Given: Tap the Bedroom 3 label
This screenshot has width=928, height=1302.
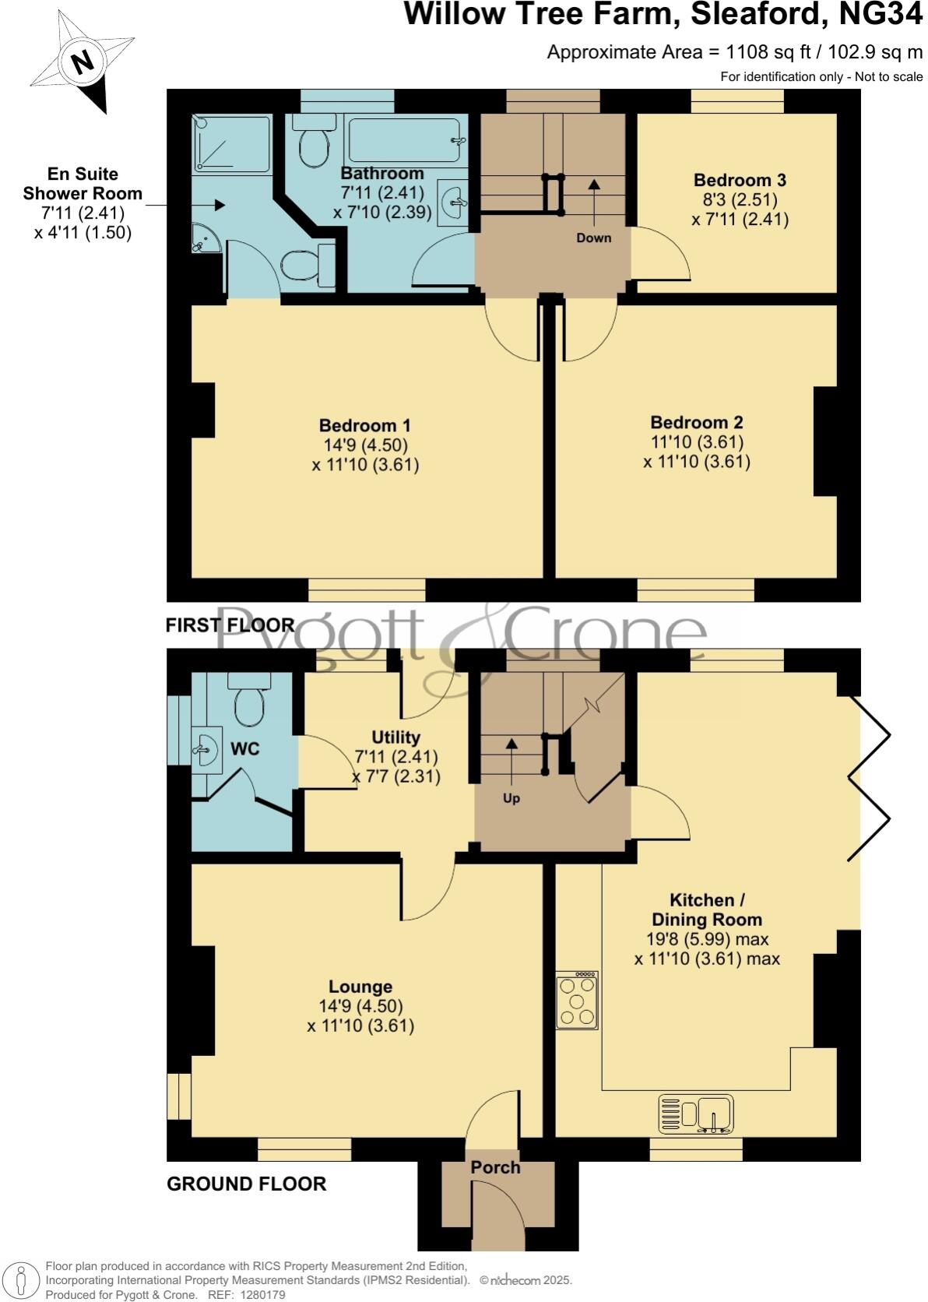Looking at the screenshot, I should click(740, 180).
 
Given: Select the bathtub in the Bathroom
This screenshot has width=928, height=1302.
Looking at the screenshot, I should click(406, 139).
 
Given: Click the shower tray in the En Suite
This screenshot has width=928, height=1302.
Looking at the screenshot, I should click(232, 143).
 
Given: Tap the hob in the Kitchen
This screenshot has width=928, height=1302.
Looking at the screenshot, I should click(577, 1001).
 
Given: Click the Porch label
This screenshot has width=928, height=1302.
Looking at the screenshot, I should click(495, 1167).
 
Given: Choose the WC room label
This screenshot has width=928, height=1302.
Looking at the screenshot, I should click(245, 749).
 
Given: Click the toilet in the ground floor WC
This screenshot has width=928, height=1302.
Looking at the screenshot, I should click(249, 700).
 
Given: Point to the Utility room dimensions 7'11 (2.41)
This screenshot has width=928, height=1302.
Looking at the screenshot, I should click(395, 757).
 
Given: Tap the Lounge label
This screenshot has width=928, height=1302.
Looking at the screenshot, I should click(360, 987).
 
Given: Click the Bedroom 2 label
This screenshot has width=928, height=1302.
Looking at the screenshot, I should click(696, 422).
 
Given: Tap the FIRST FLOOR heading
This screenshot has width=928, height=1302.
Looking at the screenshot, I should click(230, 625).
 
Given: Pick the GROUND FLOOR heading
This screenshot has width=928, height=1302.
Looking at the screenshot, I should click(246, 1184).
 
